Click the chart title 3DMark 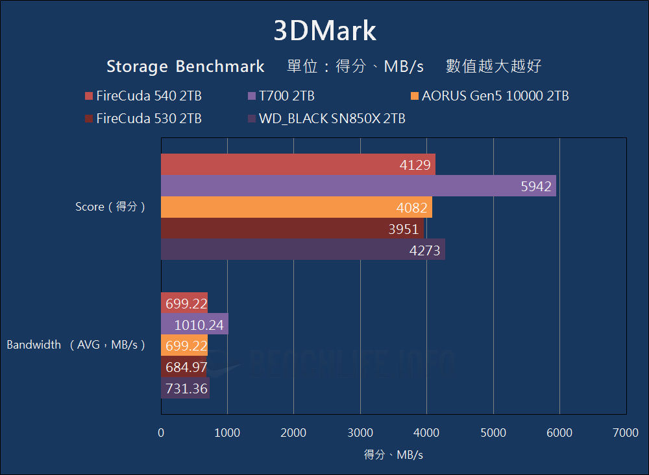click(x=324, y=30)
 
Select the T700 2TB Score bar click(x=358, y=186)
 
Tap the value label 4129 click(x=415, y=165)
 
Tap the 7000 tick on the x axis click(x=626, y=433)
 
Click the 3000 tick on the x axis click(x=360, y=433)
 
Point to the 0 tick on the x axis click(x=161, y=433)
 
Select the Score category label click(x=110, y=207)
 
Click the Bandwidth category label click(x=75, y=345)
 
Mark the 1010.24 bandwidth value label click(x=198, y=325)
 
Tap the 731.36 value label click(x=186, y=388)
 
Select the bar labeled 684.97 click(x=184, y=367)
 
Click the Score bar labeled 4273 click(x=302, y=249)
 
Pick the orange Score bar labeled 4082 click(x=296, y=207)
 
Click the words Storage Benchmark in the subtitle click(x=186, y=66)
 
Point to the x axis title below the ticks click(x=393, y=455)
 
